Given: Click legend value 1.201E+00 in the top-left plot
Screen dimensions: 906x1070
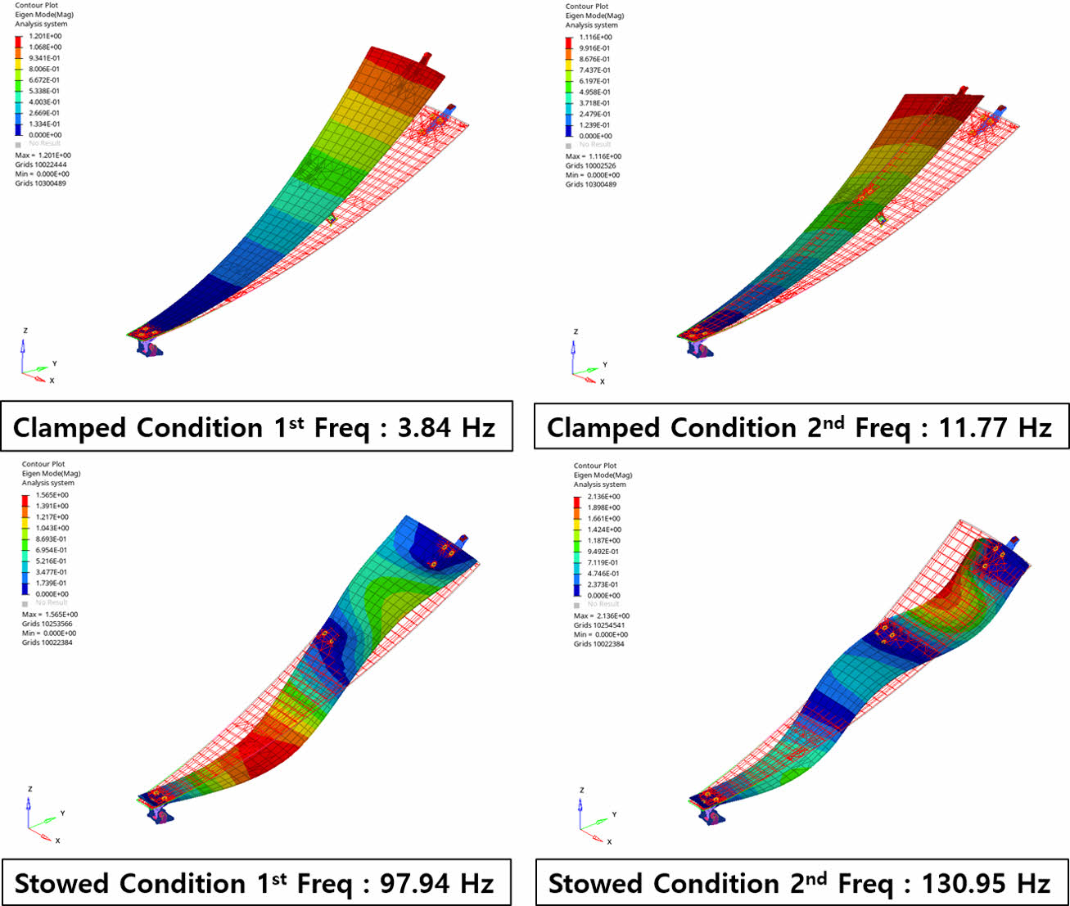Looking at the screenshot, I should [45, 36].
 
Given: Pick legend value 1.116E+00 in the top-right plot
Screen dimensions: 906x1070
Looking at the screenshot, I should [595, 37].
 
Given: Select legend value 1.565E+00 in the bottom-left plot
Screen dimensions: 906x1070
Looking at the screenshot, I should [52, 495].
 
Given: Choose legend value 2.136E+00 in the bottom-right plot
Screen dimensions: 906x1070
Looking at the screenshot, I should [603, 497].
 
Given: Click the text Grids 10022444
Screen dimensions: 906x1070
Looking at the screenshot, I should [41, 165].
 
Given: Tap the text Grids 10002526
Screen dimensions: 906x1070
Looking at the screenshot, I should [591, 165].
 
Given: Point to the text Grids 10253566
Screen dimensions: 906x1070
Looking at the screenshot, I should [47, 624].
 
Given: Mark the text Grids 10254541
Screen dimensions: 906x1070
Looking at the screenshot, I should [599, 625].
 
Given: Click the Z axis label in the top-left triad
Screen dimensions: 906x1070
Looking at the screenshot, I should [25, 331].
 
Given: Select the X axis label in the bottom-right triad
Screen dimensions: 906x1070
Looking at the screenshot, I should [609, 841].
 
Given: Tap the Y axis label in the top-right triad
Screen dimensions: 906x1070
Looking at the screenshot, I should [605, 365].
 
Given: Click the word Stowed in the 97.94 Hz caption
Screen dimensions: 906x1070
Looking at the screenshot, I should [61, 884].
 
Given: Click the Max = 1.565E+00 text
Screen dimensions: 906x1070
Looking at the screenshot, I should [50, 615].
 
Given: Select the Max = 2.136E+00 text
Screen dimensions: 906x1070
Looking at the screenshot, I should [602, 616].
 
